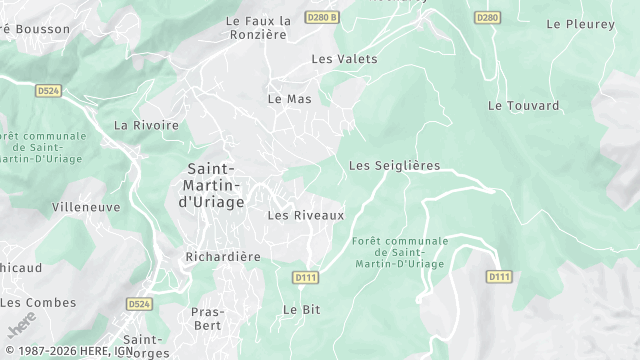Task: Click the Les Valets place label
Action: point(344,59)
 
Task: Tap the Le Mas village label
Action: point(290,99)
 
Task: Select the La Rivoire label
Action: point(146,125)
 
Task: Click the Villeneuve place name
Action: point(86,207)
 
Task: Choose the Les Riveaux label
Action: point(306,215)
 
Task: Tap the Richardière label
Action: point(223,256)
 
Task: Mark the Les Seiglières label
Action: point(394,165)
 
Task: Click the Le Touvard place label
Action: point(517,105)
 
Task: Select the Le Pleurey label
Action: point(581,23)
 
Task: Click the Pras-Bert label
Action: point(207,318)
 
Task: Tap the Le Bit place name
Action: point(301,310)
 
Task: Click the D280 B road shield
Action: point(323,17)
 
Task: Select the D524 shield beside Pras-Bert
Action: point(140,302)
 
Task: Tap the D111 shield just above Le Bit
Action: point(306,276)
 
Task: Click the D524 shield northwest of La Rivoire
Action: point(48,90)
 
